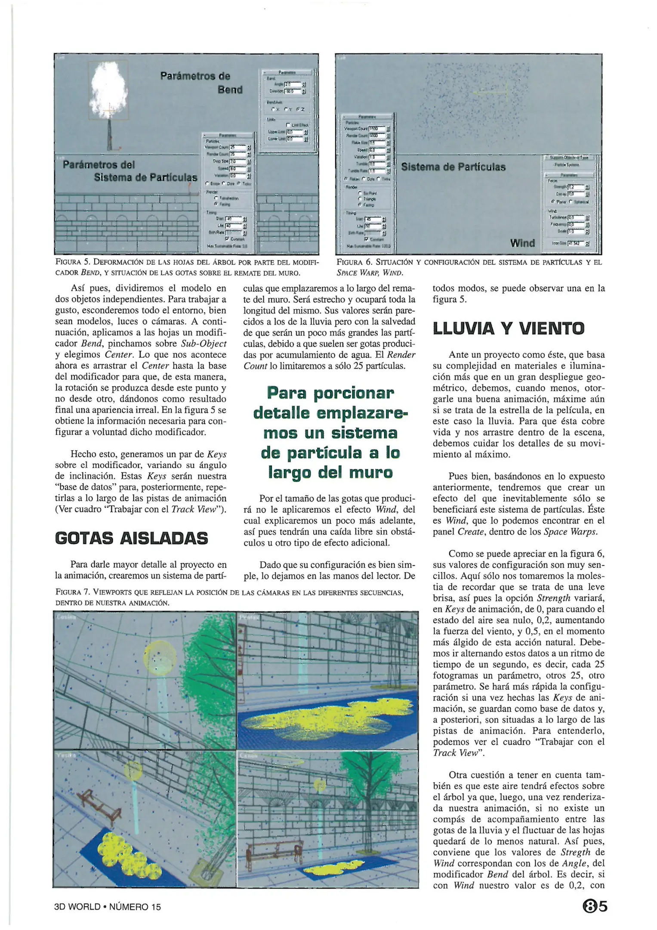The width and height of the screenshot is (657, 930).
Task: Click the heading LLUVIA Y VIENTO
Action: click(508, 329)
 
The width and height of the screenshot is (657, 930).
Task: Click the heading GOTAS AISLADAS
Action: click(131, 538)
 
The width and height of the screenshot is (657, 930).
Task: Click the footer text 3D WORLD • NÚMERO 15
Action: click(108, 907)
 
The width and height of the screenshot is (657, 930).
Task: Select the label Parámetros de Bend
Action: click(201, 83)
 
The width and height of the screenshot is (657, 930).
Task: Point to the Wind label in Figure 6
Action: click(522, 243)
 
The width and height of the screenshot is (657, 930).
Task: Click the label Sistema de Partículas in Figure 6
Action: click(453, 167)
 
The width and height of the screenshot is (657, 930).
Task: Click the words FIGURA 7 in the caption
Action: click(72, 592)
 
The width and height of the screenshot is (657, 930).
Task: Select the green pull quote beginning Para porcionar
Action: click(330, 433)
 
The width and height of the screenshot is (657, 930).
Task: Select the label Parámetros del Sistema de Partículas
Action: click(129, 171)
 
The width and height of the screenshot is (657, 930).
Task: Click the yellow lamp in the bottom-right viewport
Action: click(320, 784)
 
